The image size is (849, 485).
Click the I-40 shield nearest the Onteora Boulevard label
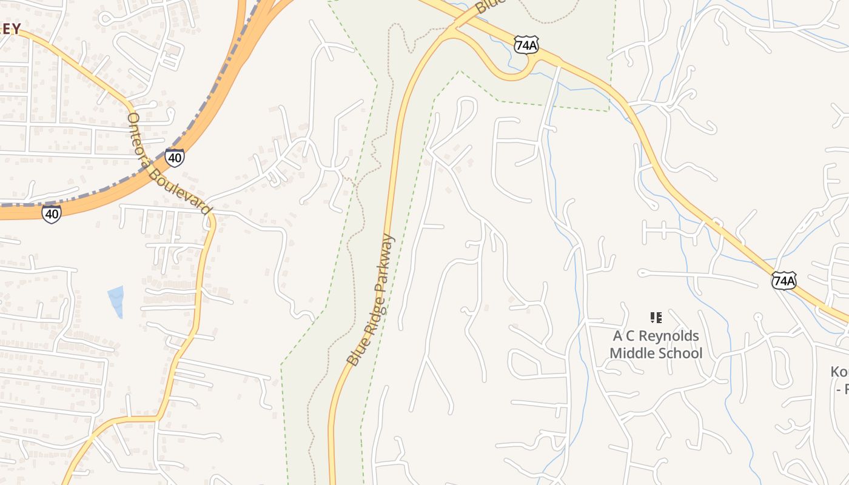[x=174, y=158]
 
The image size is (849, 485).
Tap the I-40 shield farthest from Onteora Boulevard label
[x=52, y=213]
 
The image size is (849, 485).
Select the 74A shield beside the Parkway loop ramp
[x=526, y=44]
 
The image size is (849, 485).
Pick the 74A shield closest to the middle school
[x=784, y=280]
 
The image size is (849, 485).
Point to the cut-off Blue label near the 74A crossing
[x=490, y=7]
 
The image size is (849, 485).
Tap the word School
[x=681, y=353]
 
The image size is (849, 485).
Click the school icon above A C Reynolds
[x=656, y=317]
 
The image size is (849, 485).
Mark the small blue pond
[x=116, y=301]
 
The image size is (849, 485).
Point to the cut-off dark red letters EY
[x=10, y=28]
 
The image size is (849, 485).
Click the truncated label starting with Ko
[x=839, y=372]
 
